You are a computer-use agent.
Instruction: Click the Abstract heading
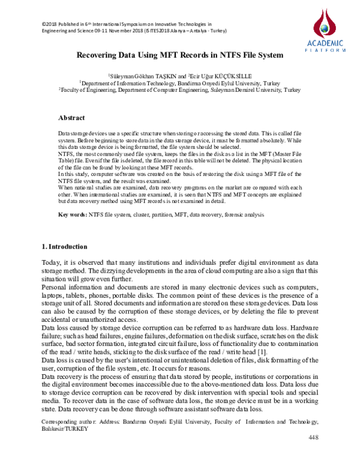[x=71, y=118]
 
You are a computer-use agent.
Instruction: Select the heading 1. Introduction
[x=64, y=247]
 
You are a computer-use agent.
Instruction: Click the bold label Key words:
[x=73, y=214]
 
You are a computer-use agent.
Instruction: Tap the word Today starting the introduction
[x=52, y=262]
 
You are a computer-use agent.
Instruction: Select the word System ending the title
[x=268, y=55]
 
